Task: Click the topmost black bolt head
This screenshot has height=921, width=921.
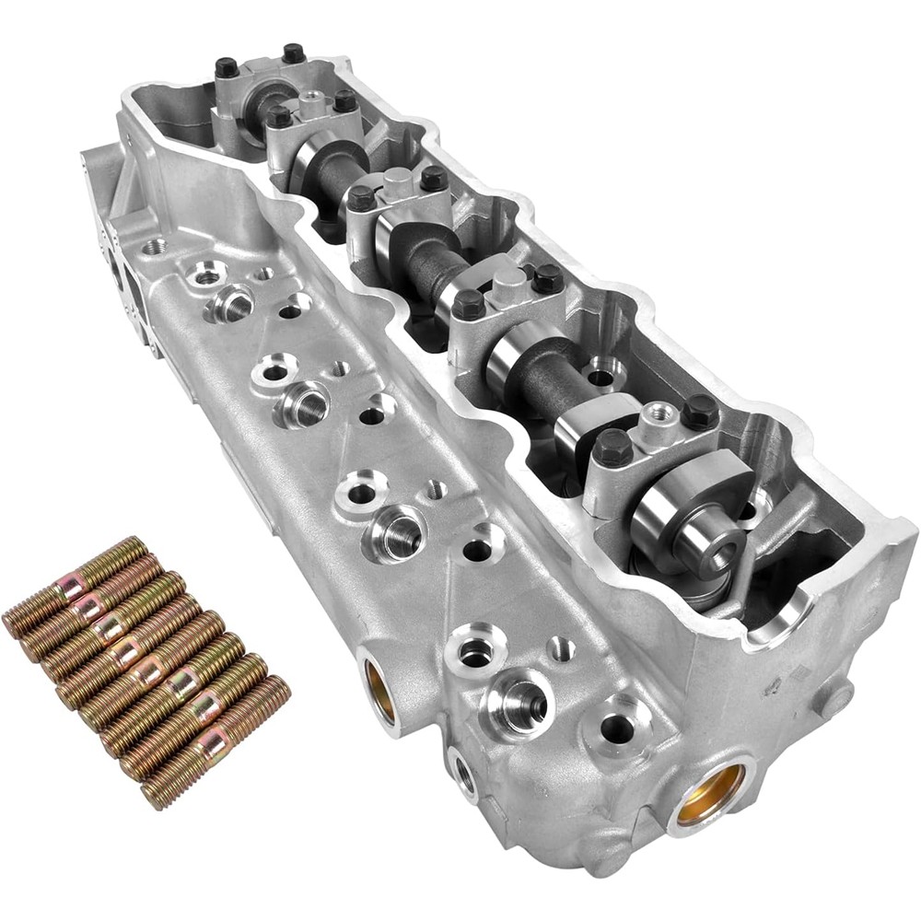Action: pyautogui.click(x=294, y=52)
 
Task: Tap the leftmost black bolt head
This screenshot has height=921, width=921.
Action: pyautogui.click(x=227, y=67)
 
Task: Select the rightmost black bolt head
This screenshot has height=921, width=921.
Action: pyautogui.click(x=701, y=411)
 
